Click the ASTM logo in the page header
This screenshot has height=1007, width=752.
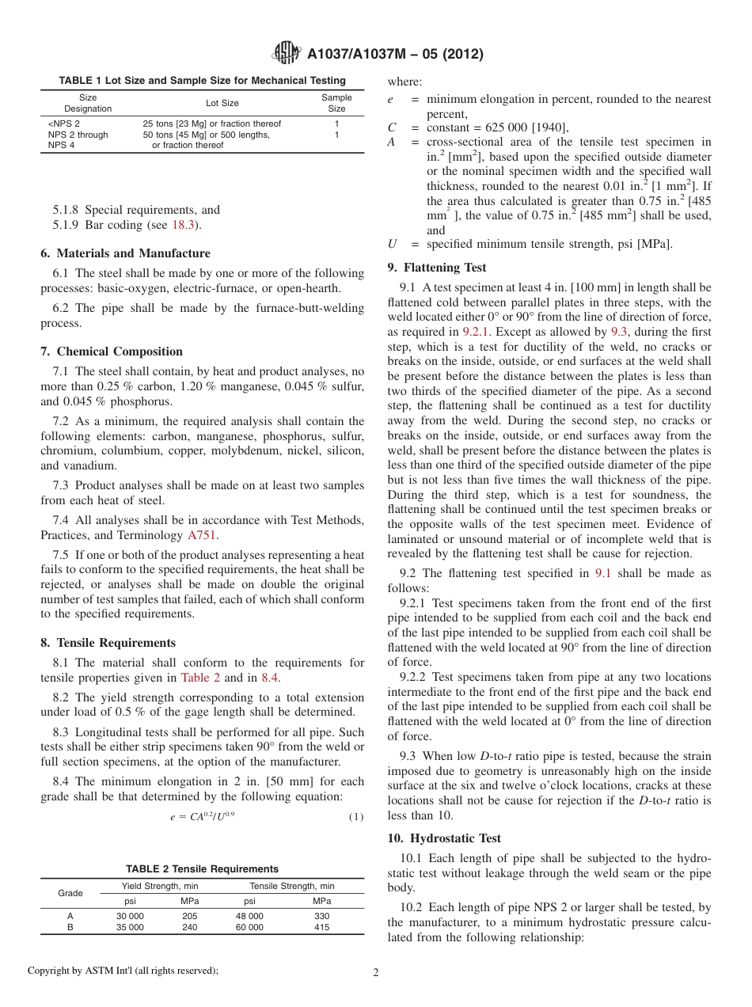[x=286, y=53]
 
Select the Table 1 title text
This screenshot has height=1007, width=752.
[x=202, y=80]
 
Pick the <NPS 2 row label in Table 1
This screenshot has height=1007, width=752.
[x=64, y=123]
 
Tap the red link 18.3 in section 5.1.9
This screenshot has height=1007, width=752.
[x=184, y=225]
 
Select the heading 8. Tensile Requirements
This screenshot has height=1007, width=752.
[x=108, y=643]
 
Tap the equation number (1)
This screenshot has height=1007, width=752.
[x=356, y=817]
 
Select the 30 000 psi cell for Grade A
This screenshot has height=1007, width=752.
[x=130, y=916]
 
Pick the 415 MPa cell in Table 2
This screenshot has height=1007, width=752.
[x=321, y=927]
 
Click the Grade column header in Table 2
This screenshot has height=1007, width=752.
[x=70, y=893]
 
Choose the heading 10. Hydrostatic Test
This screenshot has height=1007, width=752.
[x=444, y=838]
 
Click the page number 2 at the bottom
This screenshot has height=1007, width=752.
[x=376, y=973]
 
